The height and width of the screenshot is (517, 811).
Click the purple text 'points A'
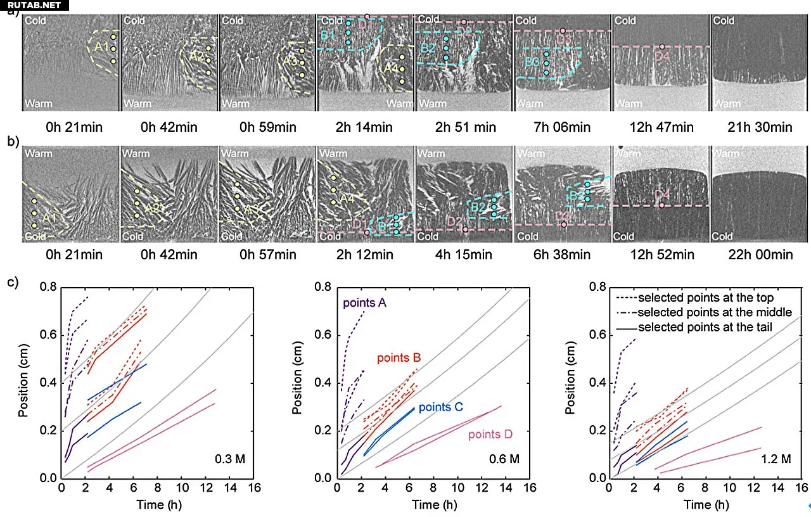(x=365, y=303)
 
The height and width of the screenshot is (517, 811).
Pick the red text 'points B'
(x=399, y=358)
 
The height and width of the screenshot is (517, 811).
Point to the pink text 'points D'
(x=490, y=435)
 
